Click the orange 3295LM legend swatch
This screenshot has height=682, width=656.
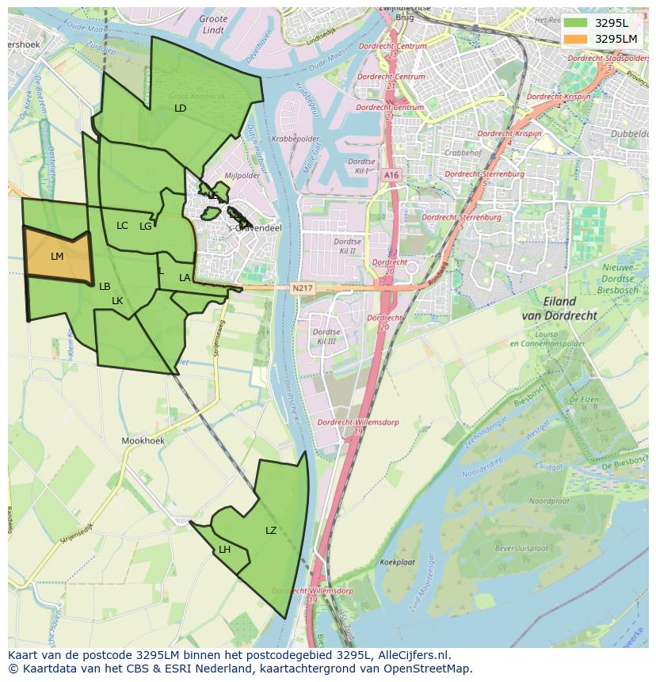tap(576, 39)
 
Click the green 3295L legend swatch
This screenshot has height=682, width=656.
tap(576, 22)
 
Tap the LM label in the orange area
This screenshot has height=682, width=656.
tap(57, 257)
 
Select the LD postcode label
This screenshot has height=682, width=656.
tap(180, 108)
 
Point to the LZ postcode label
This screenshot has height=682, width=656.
tap(271, 531)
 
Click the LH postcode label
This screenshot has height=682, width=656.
tap(225, 550)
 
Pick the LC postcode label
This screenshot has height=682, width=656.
tap(122, 226)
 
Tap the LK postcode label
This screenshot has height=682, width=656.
tap(117, 301)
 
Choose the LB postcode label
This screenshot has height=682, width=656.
tap(105, 287)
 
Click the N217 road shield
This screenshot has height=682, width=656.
tap(301, 288)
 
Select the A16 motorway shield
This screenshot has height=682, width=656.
tap(390, 175)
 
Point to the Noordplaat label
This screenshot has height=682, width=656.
tap(549, 501)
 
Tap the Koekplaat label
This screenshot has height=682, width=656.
tap(398, 562)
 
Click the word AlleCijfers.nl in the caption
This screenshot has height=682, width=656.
tap(413, 655)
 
